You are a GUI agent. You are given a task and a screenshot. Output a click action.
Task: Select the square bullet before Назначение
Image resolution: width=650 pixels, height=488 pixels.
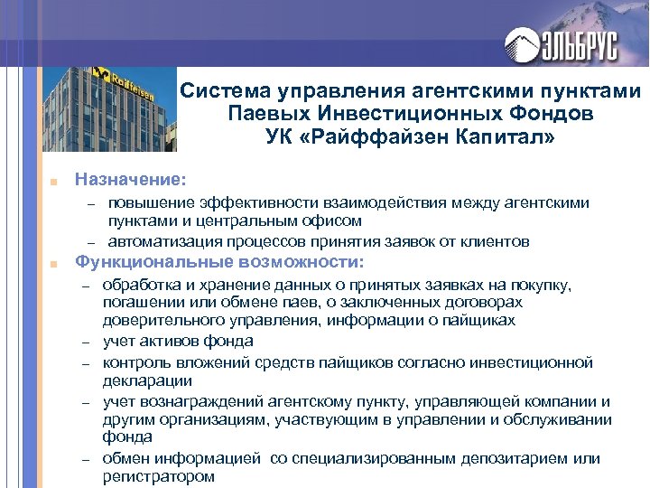pos(55,181)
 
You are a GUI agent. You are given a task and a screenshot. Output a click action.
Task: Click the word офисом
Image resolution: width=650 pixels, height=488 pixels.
pos(332,221)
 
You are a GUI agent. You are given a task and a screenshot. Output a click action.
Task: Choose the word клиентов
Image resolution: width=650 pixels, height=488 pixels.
pos(497,241)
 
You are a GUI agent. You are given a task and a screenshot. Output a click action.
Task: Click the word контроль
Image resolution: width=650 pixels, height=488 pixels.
pos(138,362)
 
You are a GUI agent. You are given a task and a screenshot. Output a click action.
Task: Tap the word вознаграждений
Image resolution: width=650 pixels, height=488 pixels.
pos(197,401)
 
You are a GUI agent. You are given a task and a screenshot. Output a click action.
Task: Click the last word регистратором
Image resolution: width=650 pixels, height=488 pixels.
pos(159,476)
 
